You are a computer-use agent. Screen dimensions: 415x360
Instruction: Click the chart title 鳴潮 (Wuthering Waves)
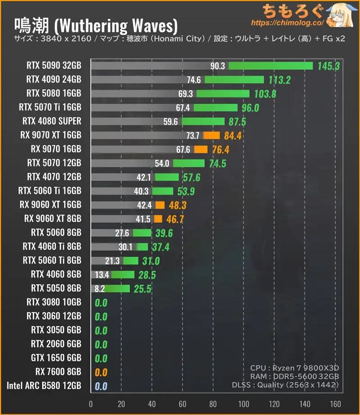(96, 23)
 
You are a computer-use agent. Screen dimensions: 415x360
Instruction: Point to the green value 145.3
(328, 66)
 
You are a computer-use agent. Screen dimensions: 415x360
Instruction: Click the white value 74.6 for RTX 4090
(193, 80)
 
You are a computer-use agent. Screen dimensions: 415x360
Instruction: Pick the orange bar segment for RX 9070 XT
(211, 135)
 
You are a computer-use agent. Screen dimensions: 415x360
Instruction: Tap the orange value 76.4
(218, 149)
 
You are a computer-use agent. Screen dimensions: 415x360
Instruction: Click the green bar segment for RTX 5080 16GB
(223, 94)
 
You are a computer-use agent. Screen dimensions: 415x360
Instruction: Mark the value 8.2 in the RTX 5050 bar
(99, 288)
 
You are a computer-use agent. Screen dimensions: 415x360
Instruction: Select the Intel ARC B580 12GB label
(44, 386)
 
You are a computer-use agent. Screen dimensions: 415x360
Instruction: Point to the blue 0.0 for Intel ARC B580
(101, 386)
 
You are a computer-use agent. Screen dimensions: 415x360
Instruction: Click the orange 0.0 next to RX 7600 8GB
(101, 372)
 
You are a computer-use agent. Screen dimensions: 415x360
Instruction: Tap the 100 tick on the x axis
(243, 403)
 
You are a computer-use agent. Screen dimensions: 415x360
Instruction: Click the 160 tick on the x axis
(335, 403)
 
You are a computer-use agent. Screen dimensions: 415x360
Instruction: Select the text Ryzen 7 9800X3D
(312, 368)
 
